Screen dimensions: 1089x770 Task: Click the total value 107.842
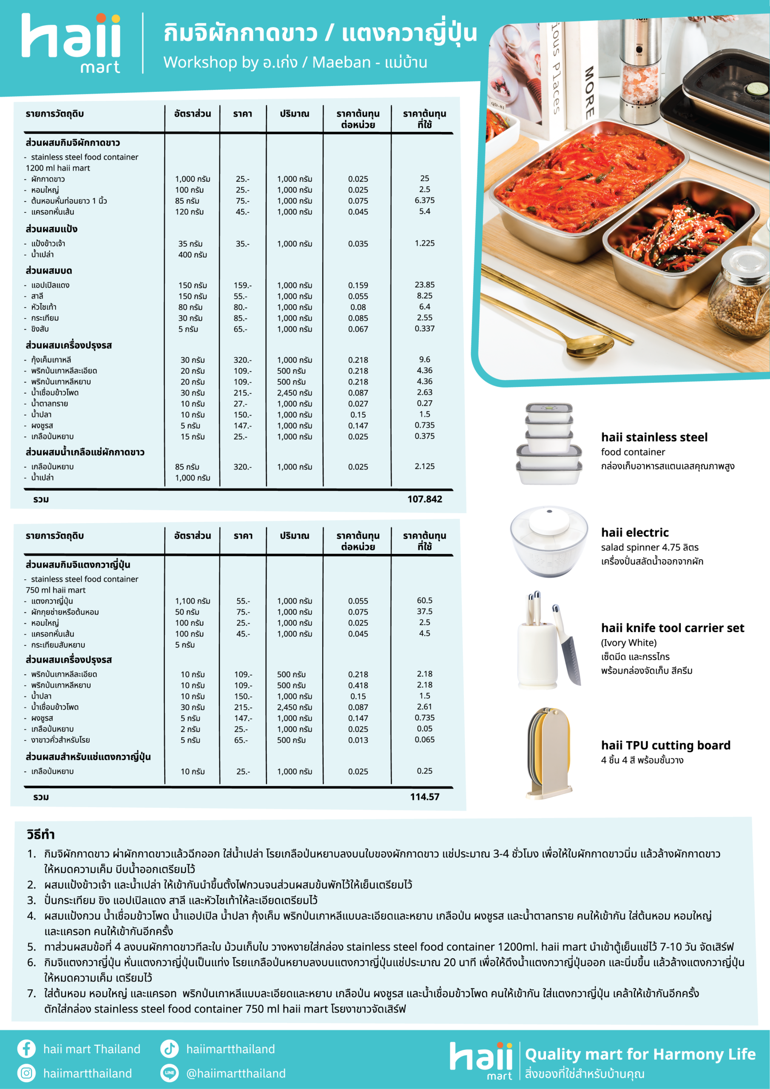click(424, 499)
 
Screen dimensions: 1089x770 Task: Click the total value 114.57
click(424, 797)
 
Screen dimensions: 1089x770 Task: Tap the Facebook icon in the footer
click(26, 1049)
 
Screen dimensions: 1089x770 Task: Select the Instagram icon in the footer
click(26, 1073)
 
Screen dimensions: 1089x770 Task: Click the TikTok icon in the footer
click(169, 1049)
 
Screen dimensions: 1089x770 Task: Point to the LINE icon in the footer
click(169, 1073)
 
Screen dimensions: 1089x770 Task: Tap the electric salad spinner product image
click(549, 541)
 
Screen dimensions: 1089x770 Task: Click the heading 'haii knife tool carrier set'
click(672, 628)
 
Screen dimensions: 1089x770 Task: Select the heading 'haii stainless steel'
click(654, 437)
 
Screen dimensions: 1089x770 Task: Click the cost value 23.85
click(424, 285)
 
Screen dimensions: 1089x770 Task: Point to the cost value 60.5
click(424, 601)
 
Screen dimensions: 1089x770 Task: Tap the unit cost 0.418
click(358, 685)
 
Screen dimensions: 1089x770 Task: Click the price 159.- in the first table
click(242, 285)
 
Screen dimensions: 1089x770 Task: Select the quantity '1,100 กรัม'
click(193, 601)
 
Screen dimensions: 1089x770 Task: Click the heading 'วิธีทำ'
click(41, 834)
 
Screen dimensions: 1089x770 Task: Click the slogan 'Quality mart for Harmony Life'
click(640, 1054)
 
